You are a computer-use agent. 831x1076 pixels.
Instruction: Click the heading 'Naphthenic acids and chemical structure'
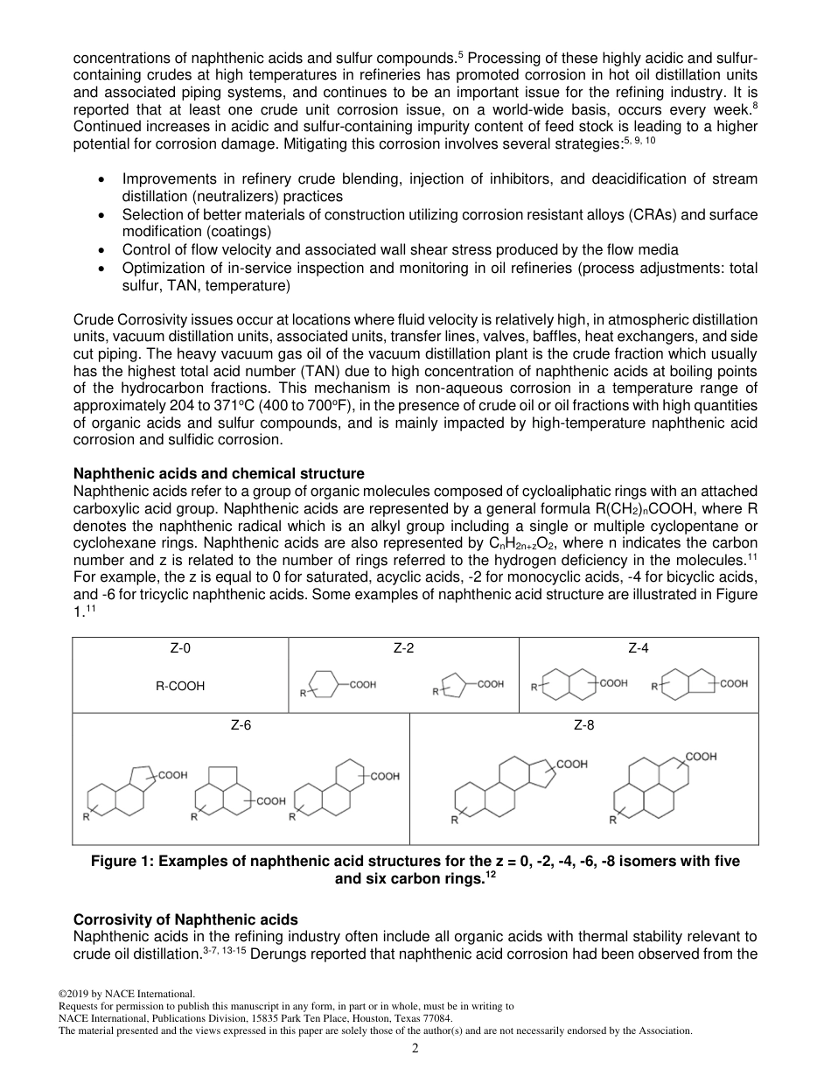(219, 474)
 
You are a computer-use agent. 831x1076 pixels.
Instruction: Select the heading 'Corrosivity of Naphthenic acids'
(185, 919)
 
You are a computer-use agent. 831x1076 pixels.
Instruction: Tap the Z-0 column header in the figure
(180, 648)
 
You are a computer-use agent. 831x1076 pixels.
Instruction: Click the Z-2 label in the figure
(403, 648)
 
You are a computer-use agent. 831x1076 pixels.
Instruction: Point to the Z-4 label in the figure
(639, 648)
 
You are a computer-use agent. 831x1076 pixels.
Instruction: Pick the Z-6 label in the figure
(241, 725)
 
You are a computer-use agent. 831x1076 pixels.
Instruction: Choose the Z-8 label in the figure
(583, 725)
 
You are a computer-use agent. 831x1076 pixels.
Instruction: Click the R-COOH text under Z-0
(180, 686)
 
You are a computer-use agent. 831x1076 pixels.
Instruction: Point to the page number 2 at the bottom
(415, 1049)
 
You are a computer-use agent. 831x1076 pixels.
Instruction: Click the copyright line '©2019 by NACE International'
(126, 994)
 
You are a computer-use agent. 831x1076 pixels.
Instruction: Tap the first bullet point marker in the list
(103, 179)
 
